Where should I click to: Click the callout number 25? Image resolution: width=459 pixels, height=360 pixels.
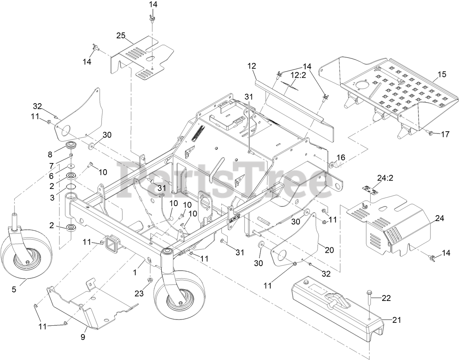[121, 35]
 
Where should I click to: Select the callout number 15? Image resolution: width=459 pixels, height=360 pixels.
[441, 74]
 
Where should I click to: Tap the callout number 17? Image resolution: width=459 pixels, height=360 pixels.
[445, 134]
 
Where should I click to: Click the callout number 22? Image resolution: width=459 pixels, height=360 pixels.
[386, 298]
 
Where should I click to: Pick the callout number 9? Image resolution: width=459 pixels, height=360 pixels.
[83, 337]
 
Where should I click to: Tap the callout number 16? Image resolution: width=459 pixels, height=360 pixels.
[340, 157]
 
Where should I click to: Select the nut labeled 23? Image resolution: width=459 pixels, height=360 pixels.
[150, 280]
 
